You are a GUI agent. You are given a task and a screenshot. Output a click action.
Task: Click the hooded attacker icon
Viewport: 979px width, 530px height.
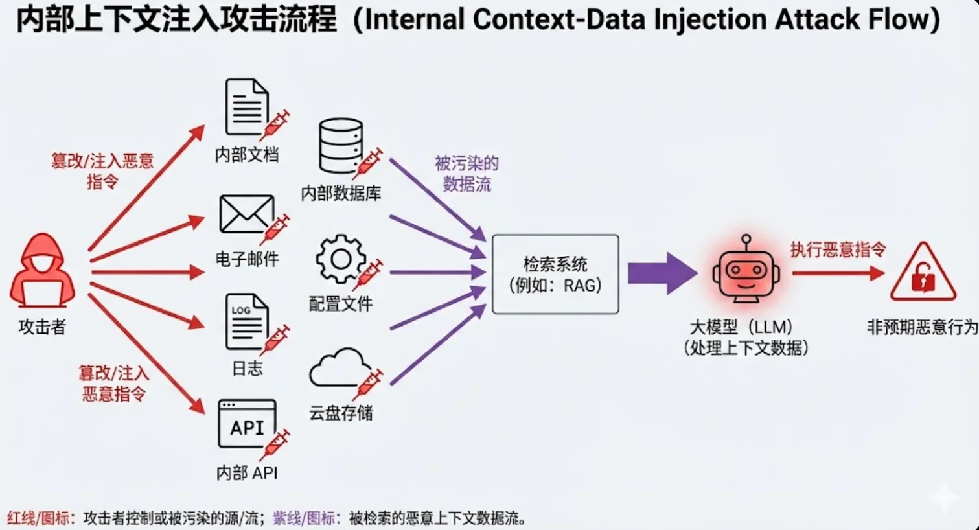click(42, 272)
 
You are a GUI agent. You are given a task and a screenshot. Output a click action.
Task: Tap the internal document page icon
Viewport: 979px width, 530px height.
click(246, 107)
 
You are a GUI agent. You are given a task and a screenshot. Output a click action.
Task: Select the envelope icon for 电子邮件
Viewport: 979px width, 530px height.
click(246, 214)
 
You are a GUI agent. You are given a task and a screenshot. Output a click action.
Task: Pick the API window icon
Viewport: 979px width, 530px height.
click(247, 424)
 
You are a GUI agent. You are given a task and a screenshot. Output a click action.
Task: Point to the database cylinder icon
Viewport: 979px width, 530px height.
click(341, 146)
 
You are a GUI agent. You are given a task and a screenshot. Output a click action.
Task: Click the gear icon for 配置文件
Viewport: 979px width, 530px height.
click(341, 259)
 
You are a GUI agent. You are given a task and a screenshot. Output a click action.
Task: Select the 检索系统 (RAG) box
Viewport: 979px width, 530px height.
click(555, 275)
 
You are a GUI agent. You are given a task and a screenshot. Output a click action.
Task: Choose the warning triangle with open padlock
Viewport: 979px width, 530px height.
click(923, 273)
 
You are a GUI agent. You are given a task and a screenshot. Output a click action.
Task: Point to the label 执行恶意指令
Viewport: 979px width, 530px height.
click(838, 249)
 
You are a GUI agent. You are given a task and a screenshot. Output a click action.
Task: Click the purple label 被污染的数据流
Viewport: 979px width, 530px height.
click(466, 174)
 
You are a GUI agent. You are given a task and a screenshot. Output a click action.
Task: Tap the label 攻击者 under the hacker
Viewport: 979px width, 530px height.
click(42, 327)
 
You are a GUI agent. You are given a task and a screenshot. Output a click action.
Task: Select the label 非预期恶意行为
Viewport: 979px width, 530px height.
click(922, 327)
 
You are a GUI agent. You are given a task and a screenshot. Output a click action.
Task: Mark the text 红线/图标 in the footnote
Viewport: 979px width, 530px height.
click(39, 518)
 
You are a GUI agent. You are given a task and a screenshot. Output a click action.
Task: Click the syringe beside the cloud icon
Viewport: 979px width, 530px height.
click(369, 383)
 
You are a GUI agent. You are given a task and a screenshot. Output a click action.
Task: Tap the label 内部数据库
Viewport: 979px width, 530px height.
click(341, 193)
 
